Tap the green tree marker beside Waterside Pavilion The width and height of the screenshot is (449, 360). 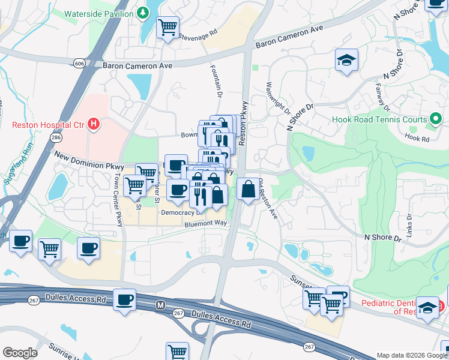pos(143,12)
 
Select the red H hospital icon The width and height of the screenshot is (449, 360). pos(93,125)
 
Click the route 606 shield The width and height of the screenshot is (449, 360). pos(79,63)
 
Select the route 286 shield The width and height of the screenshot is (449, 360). pos(56,137)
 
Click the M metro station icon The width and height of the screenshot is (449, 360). pos(160,305)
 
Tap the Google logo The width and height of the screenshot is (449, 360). pos(20,353)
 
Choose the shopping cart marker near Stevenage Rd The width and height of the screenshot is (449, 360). pos(167,26)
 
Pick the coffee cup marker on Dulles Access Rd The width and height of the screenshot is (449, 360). pos(124,299)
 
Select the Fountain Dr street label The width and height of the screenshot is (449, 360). pos(219,84)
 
